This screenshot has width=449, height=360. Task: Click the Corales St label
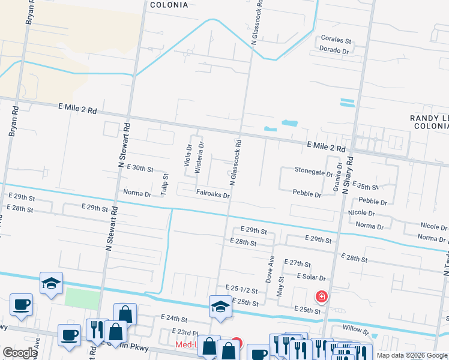[336, 40]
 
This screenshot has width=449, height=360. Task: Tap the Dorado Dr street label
[334, 50]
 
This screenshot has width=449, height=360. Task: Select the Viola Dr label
[188, 155]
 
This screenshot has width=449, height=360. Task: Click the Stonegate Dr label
[313, 170]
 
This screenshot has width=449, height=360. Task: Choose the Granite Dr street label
[338, 177]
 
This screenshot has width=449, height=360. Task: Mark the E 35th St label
[365, 187]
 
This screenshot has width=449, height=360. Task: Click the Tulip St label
[166, 184]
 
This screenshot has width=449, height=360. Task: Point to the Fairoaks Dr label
[213, 194]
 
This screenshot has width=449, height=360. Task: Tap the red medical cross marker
[322, 296]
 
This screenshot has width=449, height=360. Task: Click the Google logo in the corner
[20, 353]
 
